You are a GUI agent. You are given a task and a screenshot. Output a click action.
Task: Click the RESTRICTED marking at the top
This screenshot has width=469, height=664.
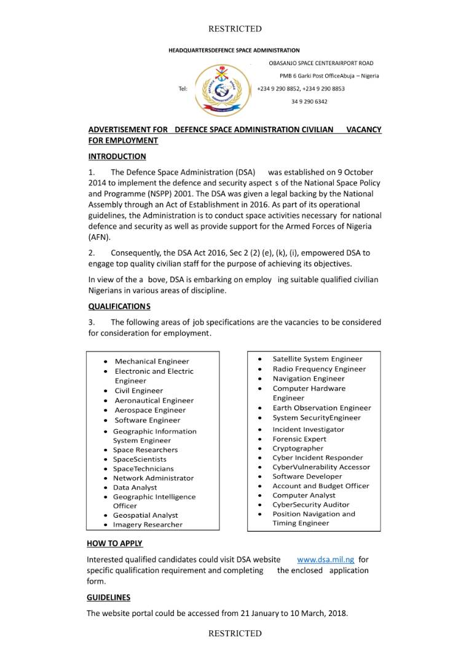(235, 29)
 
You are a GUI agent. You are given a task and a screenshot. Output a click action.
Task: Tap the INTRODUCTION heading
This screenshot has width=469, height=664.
(117, 156)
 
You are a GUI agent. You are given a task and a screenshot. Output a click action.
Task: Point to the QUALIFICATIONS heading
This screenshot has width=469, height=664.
(119, 306)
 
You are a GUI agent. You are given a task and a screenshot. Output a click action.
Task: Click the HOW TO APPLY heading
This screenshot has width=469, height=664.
(114, 543)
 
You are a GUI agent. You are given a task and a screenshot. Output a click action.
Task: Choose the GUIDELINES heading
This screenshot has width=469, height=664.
(108, 597)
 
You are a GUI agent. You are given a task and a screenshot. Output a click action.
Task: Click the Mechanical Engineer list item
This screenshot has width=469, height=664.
(152, 362)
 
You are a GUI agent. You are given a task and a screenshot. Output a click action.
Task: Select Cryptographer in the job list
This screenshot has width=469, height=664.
(298, 448)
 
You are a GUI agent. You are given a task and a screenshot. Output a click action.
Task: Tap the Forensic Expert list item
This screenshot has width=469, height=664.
(299, 439)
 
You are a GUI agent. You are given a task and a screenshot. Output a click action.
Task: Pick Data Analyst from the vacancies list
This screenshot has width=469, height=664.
(135, 488)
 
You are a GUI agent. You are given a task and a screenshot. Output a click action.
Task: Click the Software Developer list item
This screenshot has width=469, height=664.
(307, 476)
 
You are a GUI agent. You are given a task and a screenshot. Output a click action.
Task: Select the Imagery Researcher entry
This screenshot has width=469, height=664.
(148, 524)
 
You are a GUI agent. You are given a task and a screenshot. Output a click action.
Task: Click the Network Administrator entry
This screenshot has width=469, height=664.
(153, 478)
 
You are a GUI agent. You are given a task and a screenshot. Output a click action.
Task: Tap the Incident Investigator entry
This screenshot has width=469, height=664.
(309, 429)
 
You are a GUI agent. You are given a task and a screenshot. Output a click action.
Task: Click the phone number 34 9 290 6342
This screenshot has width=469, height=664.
(309, 101)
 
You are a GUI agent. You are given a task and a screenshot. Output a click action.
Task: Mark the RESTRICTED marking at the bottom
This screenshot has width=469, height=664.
(235, 633)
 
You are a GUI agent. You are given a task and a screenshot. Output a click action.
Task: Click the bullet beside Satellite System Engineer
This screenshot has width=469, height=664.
(261, 359)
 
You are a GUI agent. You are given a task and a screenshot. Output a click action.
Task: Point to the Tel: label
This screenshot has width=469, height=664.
(183, 89)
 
